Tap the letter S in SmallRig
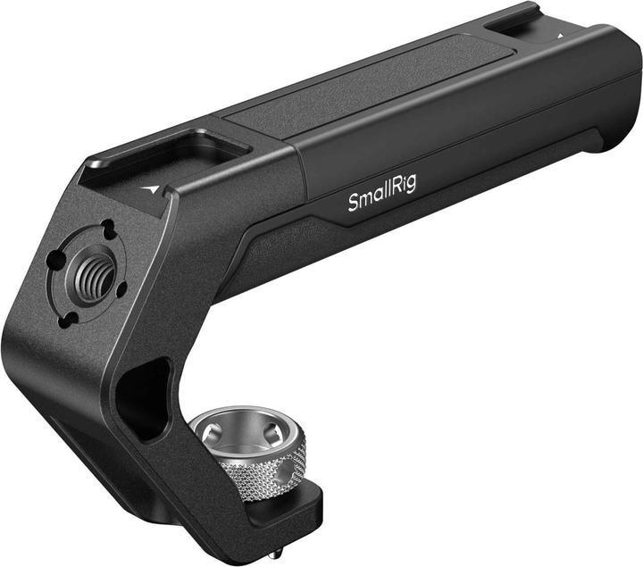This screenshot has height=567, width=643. (353, 204)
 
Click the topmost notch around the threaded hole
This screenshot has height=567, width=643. (106, 227)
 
